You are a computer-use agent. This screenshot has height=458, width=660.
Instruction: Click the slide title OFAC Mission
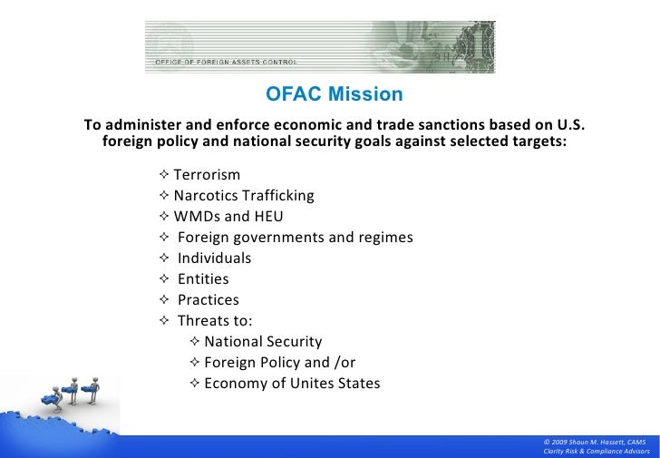click(334, 94)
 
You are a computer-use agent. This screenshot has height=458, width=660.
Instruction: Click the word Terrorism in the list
click(207, 175)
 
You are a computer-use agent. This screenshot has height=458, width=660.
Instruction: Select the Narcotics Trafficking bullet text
click(244, 196)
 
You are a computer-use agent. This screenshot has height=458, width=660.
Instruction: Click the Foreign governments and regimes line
click(295, 238)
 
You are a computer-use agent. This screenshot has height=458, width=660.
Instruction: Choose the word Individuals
click(214, 258)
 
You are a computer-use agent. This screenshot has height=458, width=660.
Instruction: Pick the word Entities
click(203, 279)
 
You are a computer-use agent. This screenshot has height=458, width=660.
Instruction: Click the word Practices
click(209, 300)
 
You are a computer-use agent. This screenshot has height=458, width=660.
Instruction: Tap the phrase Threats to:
click(215, 321)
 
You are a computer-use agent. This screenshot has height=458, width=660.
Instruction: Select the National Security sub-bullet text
click(263, 342)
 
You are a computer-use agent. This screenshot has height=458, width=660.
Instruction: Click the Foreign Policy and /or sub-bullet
click(279, 363)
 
